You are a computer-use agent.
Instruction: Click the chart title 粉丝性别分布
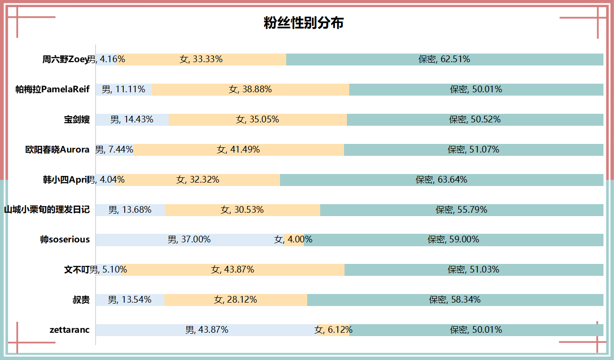[303, 23]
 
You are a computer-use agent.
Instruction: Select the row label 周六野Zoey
[65, 59]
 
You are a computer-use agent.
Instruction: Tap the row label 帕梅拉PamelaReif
[53, 89]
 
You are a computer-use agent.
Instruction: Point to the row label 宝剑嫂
[77, 120]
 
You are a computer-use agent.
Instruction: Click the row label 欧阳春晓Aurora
[57, 150]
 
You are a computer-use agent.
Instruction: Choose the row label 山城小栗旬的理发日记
[47, 209]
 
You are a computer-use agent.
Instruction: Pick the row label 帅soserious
[65, 240]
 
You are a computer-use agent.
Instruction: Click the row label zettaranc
[69, 330]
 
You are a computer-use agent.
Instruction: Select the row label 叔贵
[81, 300]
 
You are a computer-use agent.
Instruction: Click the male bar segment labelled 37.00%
[189, 240]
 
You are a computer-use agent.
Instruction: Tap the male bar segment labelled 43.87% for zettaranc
[206, 330]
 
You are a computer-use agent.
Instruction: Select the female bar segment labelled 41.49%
[238, 150]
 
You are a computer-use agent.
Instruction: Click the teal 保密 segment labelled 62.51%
[444, 59]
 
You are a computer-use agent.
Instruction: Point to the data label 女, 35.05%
[258, 120]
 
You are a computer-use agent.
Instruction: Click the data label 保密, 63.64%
[442, 180]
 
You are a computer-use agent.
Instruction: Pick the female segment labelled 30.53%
[242, 210]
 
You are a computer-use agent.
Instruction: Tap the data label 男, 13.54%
[129, 300]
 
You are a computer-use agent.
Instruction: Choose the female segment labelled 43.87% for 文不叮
[233, 270]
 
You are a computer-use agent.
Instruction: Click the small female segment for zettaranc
[334, 330]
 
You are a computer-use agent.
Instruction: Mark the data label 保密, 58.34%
[455, 300]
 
